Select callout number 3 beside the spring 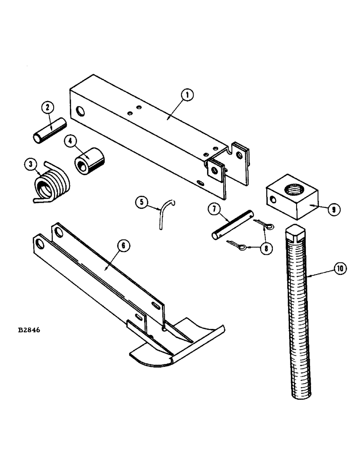coord(30,164)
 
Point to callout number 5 coord(142,203)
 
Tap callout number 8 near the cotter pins coord(265,249)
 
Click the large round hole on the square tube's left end coord(80,111)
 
